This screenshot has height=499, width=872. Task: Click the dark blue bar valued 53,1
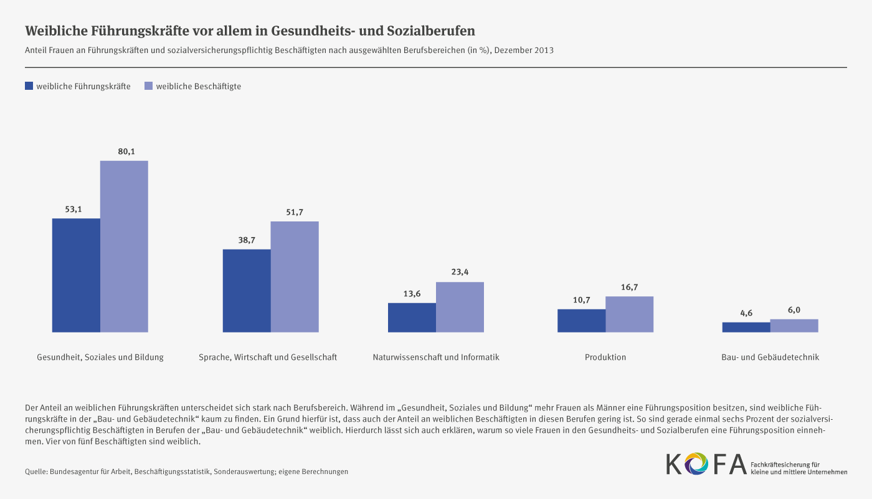pyautogui.click(x=76, y=275)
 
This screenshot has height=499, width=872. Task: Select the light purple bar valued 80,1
pyautogui.click(x=125, y=246)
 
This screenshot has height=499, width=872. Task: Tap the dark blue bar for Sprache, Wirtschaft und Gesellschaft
pyautogui.click(x=247, y=291)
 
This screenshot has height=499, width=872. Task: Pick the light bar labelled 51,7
pyautogui.click(x=295, y=276)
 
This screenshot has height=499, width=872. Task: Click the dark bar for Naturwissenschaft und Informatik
pyautogui.click(x=412, y=317)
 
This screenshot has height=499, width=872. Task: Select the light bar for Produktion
pyautogui.click(x=630, y=314)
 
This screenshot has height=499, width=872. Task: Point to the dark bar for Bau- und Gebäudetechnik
pyautogui.click(x=746, y=327)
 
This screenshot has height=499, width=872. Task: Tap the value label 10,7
pyautogui.click(x=581, y=300)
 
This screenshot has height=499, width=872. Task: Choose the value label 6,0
pyautogui.click(x=794, y=309)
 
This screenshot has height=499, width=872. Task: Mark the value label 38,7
pyautogui.click(x=247, y=240)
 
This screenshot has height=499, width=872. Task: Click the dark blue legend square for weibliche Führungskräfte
pyautogui.click(x=29, y=86)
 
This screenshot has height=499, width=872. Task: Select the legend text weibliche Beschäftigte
pyautogui.click(x=198, y=87)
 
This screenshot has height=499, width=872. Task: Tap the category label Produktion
pyautogui.click(x=605, y=357)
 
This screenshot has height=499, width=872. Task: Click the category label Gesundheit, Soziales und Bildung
pyautogui.click(x=100, y=357)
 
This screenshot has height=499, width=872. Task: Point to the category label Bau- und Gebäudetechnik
pyautogui.click(x=770, y=357)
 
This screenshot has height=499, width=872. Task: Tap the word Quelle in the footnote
pyautogui.click(x=36, y=472)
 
